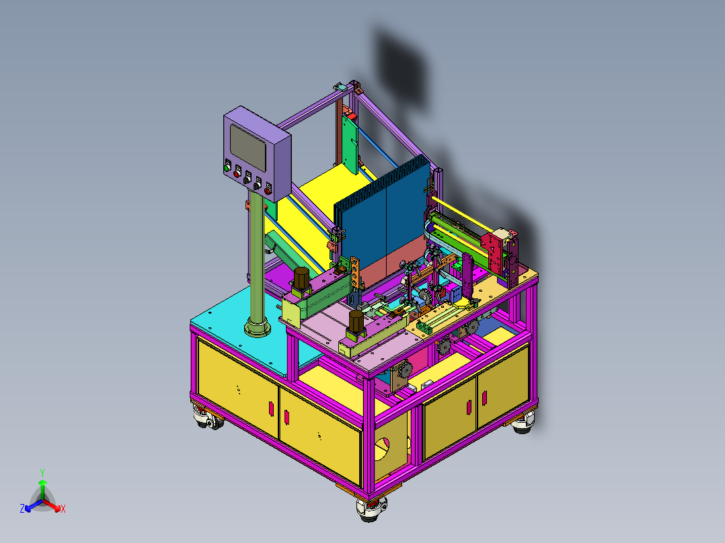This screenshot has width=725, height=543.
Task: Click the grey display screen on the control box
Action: tap(248, 148)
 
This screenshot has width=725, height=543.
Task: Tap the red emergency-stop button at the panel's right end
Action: tap(268, 190)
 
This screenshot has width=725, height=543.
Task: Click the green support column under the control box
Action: tap(257, 259)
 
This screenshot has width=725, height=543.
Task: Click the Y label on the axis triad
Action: tap(42, 473)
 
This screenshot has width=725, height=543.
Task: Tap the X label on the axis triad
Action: tap(63, 509)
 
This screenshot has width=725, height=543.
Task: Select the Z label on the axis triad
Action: tap(22, 509)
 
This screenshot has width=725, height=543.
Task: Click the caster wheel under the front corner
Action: tap(371, 509)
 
